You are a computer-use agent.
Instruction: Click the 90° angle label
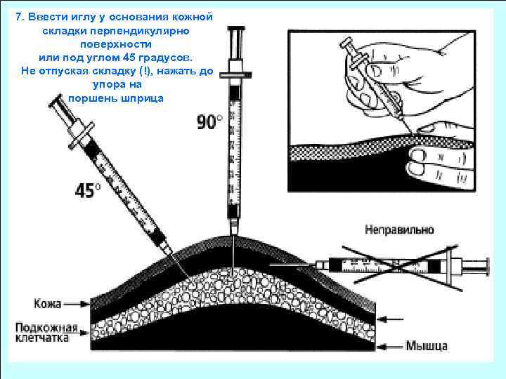pyautogui.click(x=209, y=122)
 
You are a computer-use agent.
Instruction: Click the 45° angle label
pyautogui.click(x=89, y=190)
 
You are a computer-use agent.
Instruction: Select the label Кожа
pyautogui.click(x=48, y=304)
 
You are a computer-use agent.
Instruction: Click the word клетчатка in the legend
pyautogui.click(x=44, y=338)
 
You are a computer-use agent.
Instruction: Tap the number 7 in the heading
pyautogui.click(x=18, y=17)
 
